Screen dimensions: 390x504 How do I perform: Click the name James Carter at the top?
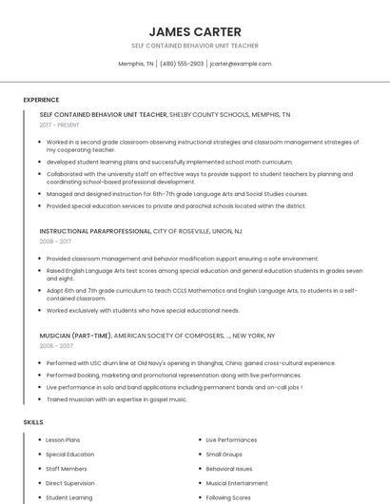pyautogui.click(x=195, y=31)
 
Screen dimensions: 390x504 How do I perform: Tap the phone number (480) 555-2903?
pyautogui.click(x=182, y=64)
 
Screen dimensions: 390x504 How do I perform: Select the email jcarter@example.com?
pyautogui.click(x=241, y=64)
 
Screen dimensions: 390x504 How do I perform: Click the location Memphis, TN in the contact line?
pyautogui.click(x=136, y=64)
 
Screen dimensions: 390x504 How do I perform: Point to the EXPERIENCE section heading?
pyautogui.click(x=41, y=100)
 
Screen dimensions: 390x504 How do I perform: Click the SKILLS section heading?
pyautogui.click(x=33, y=421)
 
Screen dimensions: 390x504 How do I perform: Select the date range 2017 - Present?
pyautogui.click(x=60, y=125)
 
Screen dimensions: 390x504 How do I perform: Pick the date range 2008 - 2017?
pyautogui.click(x=55, y=242)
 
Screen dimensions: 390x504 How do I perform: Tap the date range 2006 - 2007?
pyautogui.click(x=56, y=346)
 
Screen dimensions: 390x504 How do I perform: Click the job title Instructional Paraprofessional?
pyautogui.click(x=95, y=231)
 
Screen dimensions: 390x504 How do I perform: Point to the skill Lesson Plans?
pyautogui.click(x=64, y=440)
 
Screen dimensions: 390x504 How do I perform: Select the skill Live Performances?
pyautogui.click(x=231, y=440)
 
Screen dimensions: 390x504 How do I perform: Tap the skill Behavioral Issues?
pyautogui.click(x=229, y=469)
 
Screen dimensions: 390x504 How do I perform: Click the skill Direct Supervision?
pyautogui.click(x=70, y=483)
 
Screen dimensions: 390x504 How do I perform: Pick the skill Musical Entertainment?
pyautogui.click(x=237, y=483)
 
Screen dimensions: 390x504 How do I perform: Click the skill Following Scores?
pyautogui.click(x=228, y=497)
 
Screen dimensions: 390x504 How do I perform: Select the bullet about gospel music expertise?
pyautogui.click(x=116, y=399)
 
